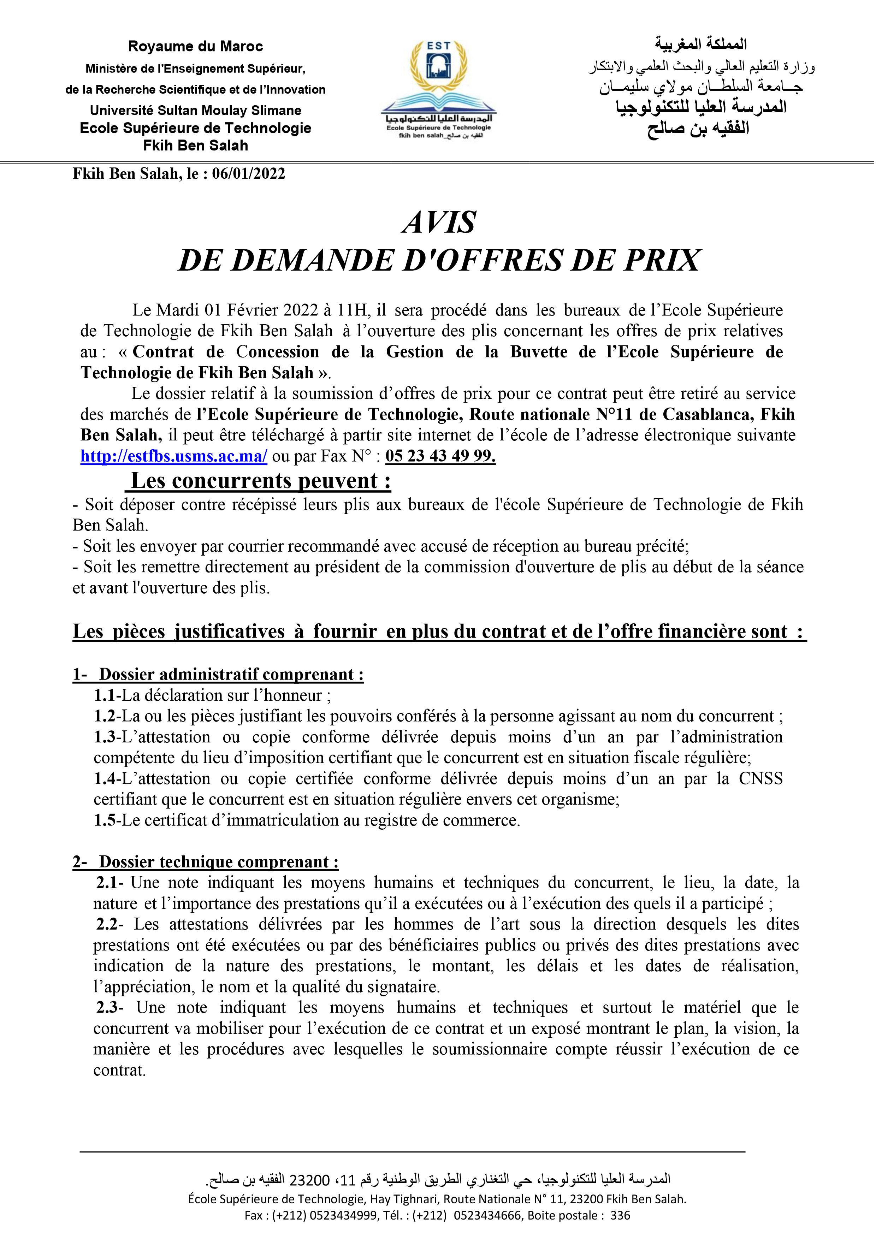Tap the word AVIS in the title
point(438,222)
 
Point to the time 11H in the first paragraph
point(354,310)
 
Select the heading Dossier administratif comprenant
point(231,675)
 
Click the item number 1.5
point(105,820)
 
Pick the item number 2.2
point(107,924)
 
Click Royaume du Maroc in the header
point(195,46)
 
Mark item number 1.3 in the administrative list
point(105,737)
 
